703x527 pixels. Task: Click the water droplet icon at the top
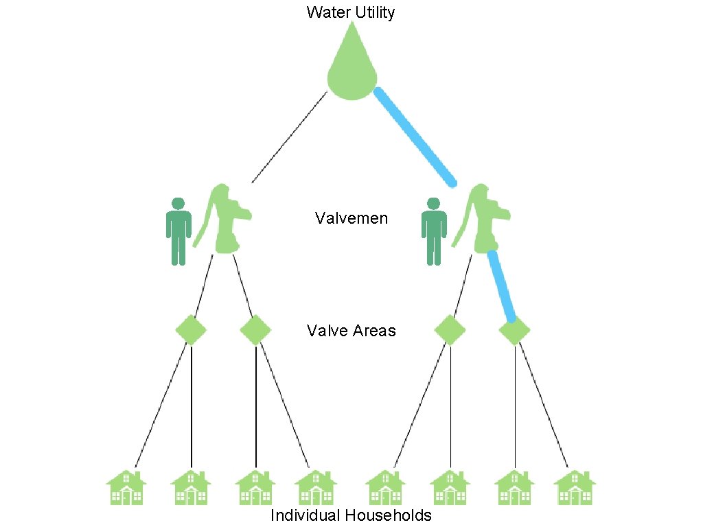point(352,69)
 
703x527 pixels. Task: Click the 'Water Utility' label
point(351,12)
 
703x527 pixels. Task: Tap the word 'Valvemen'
point(351,219)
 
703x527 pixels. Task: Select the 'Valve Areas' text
point(351,331)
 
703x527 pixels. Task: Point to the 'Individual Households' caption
point(351,515)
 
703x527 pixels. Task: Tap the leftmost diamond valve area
point(191,330)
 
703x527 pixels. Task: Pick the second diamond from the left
point(255,330)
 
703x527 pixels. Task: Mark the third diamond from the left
point(450,330)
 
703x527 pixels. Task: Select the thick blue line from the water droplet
point(415,137)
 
